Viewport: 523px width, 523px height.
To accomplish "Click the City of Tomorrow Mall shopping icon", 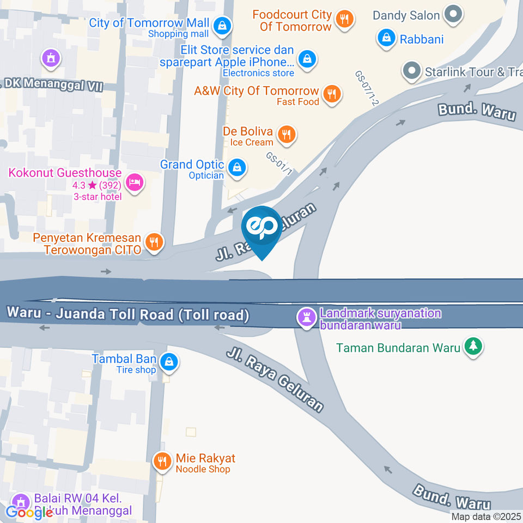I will [222, 25].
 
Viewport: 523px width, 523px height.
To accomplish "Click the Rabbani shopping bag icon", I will [386, 38].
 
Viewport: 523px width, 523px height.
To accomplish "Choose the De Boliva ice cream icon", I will [286, 134].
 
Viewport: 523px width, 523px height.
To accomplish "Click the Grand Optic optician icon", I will [237, 167].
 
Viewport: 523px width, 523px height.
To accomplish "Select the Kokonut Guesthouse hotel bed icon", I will [133, 183].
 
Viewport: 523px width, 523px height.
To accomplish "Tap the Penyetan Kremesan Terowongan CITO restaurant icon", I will [155, 242].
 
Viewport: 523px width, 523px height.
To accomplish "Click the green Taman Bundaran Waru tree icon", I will [473, 346].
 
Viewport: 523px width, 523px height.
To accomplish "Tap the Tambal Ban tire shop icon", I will [169, 362].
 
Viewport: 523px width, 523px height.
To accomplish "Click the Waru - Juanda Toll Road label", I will [129, 314].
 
